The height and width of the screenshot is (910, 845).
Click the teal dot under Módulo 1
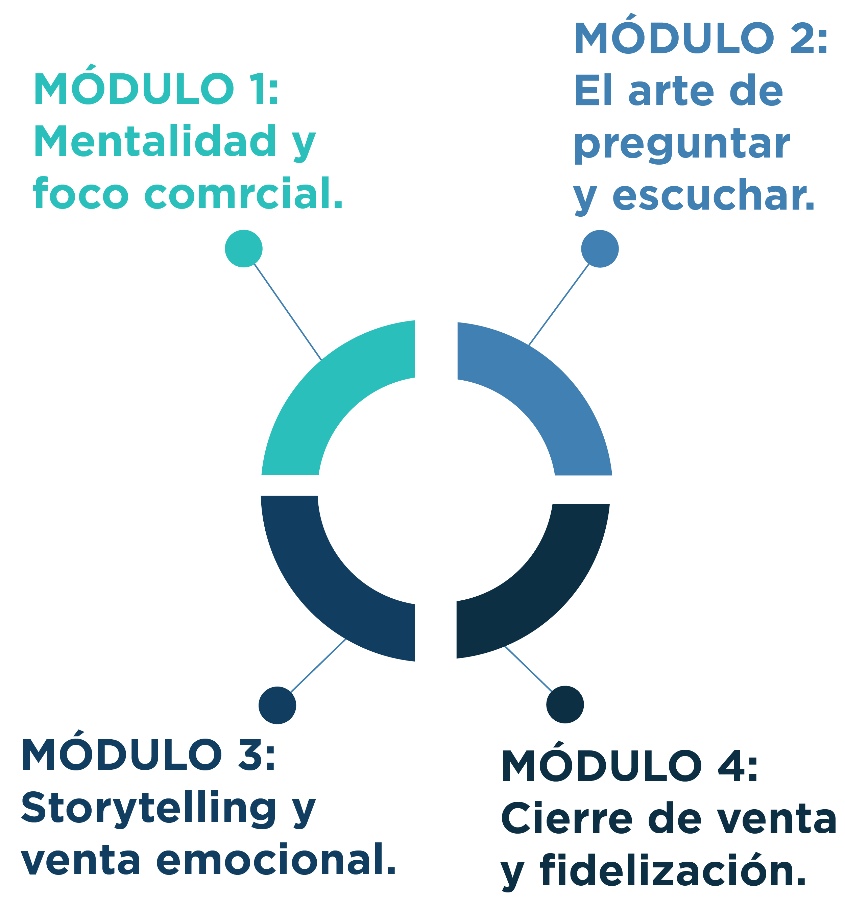[244, 248]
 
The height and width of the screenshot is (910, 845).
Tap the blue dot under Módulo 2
[600, 248]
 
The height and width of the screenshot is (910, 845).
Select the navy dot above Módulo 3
[277, 705]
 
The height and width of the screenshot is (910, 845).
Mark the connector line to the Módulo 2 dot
[559, 304]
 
